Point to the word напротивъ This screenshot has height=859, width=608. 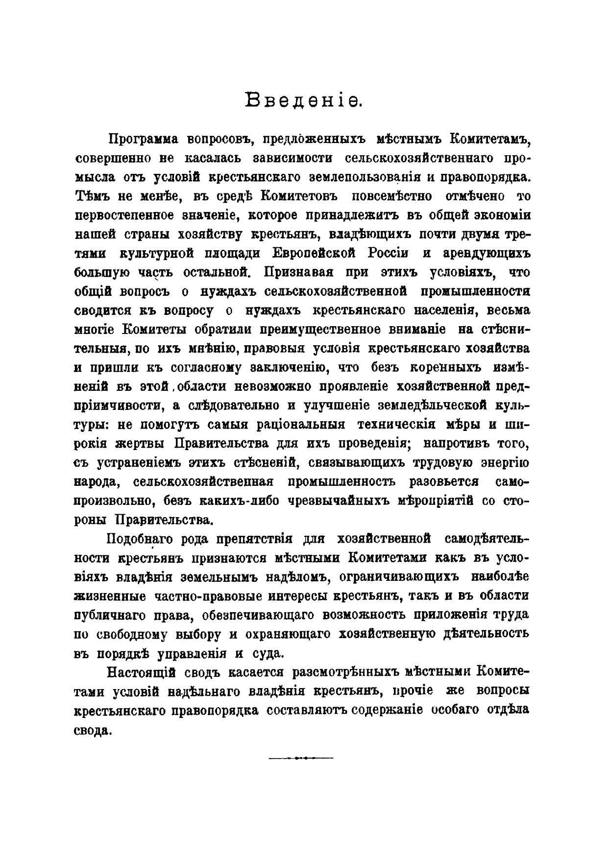[454, 443]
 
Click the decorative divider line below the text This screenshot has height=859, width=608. [300, 758]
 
